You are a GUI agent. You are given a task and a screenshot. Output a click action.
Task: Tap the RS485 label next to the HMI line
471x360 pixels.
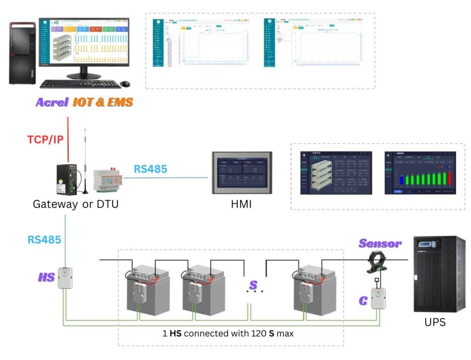click(x=150, y=169)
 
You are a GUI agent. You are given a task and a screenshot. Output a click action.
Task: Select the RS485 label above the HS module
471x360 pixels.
click(x=44, y=239)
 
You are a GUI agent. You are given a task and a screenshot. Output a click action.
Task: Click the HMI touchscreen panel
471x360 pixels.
click(x=241, y=173)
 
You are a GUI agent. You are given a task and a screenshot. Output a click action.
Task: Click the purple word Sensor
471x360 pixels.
click(x=380, y=244)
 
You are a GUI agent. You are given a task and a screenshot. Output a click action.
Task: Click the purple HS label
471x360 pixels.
click(x=46, y=278)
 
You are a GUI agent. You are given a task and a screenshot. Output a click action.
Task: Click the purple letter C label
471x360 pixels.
click(x=363, y=301)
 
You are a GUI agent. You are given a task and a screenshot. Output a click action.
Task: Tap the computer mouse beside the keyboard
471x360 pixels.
click(x=125, y=84)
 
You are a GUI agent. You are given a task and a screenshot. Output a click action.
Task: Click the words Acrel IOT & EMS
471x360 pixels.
click(x=84, y=103)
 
